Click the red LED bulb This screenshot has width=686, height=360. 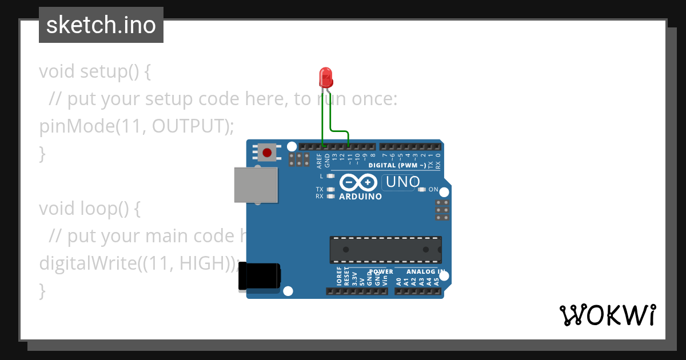(x=325, y=77)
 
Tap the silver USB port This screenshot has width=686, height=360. (x=256, y=185)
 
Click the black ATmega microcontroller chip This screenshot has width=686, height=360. (x=385, y=250)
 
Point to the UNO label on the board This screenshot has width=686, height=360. (x=403, y=182)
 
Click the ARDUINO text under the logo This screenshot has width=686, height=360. (x=360, y=197)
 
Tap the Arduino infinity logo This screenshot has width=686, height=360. (x=358, y=183)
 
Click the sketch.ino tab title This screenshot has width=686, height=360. (x=101, y=25)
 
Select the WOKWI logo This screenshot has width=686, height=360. (x=607, y=315)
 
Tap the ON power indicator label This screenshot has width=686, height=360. (x=433, y=190)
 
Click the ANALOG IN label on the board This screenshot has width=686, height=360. (x=425, y=271)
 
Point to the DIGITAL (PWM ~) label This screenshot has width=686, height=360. (x=397, y=165)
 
